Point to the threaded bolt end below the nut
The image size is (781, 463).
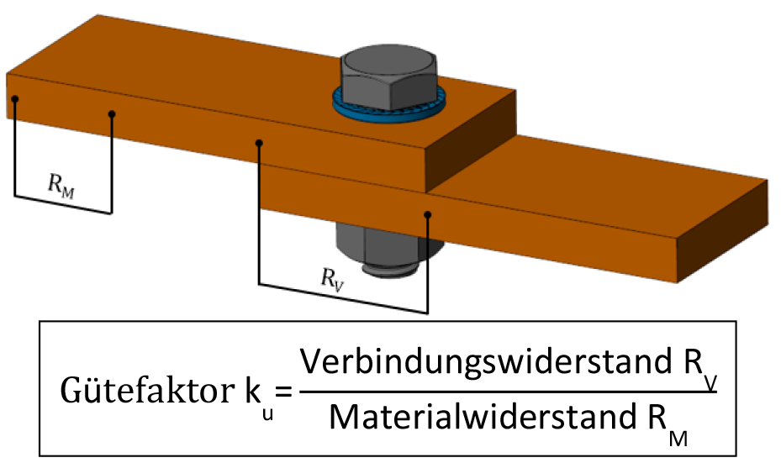click(390, 269)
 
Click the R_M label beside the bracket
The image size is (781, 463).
click(61, 185)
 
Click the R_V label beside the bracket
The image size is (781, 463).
click(332, 279)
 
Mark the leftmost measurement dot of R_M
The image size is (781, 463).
click(15, 99)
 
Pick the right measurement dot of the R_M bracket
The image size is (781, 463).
click(112, 114)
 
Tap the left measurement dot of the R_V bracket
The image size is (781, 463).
click(259, 144)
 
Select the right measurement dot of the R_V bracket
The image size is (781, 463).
click(427, 214)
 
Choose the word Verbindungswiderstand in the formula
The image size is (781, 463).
click(486, 361)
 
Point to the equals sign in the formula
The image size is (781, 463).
click(284, 392)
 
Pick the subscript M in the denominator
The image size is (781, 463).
click(678, 438)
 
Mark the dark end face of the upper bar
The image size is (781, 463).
click(470, 141)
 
